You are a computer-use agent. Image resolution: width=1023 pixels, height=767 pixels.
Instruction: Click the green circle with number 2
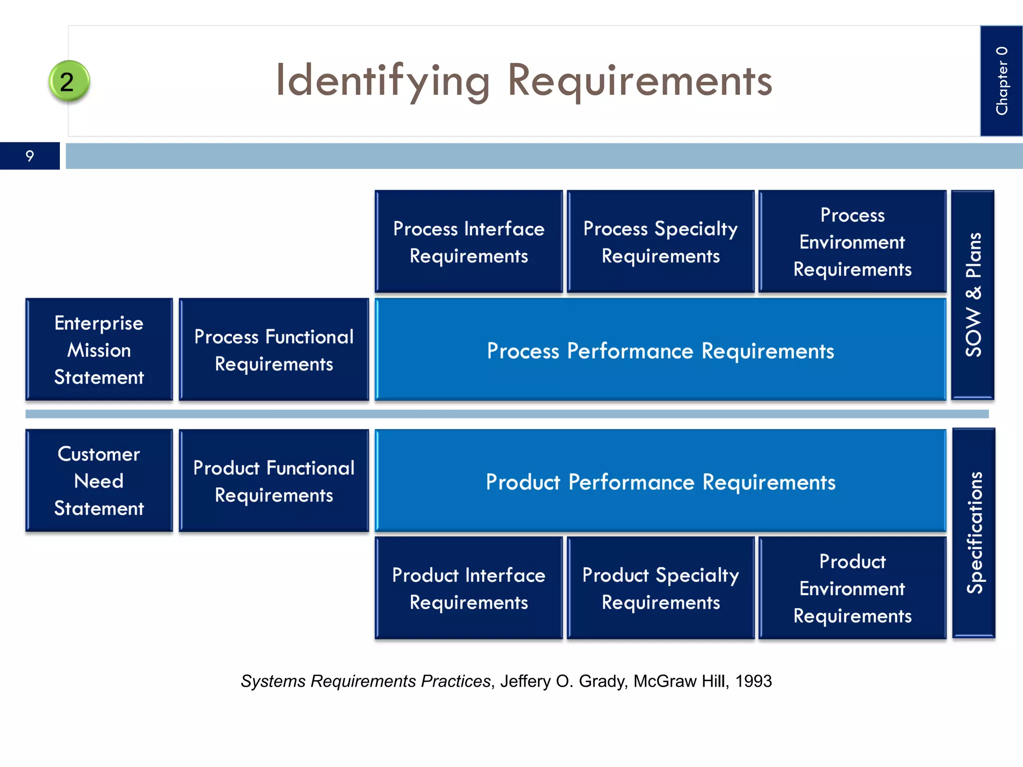(x=69, y=81)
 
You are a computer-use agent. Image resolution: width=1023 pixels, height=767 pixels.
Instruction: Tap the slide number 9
(x=30, y=156)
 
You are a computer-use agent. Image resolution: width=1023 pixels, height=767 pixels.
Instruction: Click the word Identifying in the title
(x=383, y=81)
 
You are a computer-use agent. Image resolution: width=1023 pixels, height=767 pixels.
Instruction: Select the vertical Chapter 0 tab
(x=1001, y=81)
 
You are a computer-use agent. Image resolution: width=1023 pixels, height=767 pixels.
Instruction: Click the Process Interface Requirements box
(x=469, y=242)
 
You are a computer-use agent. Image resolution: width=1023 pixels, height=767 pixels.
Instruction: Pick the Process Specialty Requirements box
(x=660, y=242)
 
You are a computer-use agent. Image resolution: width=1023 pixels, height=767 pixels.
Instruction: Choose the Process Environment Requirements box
(x=852, y=242)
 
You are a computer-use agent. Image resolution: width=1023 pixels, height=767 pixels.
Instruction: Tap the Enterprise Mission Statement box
(x=99, y=350)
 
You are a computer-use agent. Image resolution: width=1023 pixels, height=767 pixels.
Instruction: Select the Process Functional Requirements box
(x=274, y=350)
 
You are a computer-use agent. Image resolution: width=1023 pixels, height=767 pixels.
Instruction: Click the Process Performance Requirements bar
(x=660, y=351)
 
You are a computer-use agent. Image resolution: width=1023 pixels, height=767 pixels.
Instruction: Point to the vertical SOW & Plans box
(x=973, y=295)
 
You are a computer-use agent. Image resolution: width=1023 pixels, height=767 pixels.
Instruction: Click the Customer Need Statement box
(x=99, y=480)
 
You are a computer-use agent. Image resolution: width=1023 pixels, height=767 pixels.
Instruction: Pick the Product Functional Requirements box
(x=274, y=480)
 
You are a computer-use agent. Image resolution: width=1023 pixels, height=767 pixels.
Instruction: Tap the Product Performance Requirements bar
(x=660, y=481)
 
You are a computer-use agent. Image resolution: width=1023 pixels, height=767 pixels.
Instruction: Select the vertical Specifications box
(x=974, y=532)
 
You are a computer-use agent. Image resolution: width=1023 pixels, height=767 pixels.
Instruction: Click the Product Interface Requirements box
(x=469, y=588)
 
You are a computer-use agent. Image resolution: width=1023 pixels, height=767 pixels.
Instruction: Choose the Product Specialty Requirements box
(x=660, y=588)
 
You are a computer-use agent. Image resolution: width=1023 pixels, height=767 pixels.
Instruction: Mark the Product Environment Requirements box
(x=852, y=588)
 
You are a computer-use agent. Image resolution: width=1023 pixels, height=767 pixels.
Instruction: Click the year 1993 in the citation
(x=753, y=681)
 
